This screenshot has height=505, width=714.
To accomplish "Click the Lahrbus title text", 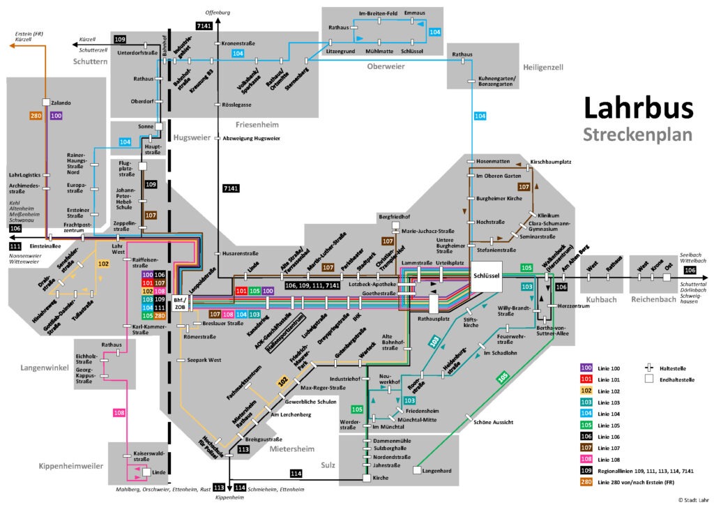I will [638, 108].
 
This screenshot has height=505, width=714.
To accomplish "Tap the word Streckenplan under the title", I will [638, 134].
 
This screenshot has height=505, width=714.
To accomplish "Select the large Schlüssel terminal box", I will [486, 276].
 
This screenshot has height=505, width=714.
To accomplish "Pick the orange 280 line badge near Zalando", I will [37, 115].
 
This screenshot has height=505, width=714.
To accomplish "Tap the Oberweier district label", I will [386, 66].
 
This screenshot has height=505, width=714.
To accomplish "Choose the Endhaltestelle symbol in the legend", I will [650, 379].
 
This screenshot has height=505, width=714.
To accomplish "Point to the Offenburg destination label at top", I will [218, 13].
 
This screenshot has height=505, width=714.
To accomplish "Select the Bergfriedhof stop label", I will [395, 216].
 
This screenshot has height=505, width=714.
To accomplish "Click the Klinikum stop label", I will [549, 216].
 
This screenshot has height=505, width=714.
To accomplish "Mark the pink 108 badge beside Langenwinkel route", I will [120, 414].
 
